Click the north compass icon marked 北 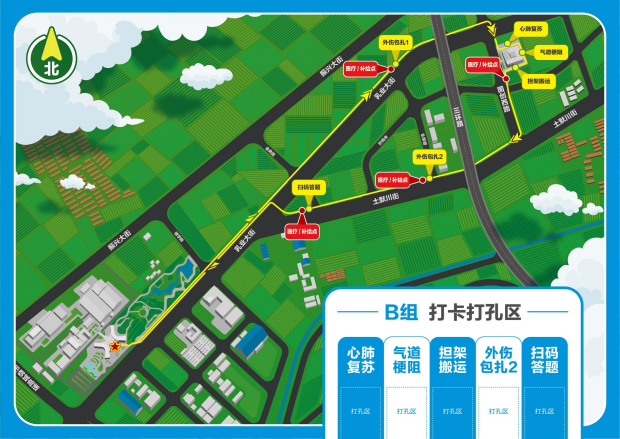click(51, 57)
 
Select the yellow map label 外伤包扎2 click(430, 157)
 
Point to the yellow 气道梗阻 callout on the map click(551, 51)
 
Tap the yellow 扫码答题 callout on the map click(309, 187)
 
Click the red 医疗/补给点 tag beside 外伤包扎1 click(360, 69)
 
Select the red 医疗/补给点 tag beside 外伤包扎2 click(391, 180)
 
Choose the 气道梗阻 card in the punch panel click(407, 360)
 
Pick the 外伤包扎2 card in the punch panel click(499, 360)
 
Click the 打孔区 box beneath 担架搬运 click(453, 410)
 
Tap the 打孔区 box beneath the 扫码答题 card click(545, 410)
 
